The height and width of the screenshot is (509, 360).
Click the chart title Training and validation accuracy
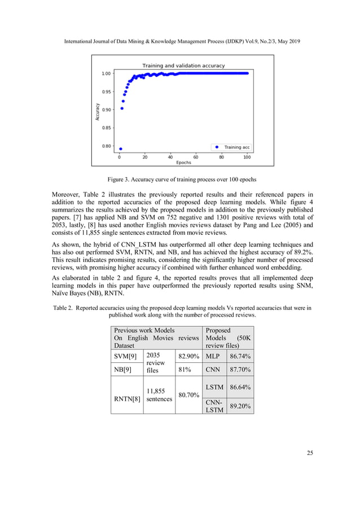pos(183,65)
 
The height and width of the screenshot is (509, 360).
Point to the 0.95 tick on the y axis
pos(106,91)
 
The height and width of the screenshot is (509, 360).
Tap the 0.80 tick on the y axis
pos(106,146)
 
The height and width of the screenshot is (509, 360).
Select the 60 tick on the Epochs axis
pos(196,157)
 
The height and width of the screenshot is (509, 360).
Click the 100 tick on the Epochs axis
pos(247,157)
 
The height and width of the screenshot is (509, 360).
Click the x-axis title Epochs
pos(183,163)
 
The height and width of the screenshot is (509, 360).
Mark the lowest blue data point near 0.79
pos(121,149)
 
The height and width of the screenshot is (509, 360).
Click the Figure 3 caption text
pos(180,179)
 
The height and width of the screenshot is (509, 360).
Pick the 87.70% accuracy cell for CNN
pos(240,370)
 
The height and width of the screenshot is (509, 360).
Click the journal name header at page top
pos(179,42)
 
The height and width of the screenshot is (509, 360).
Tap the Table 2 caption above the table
pos(180,311)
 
